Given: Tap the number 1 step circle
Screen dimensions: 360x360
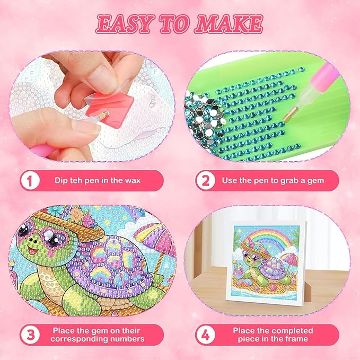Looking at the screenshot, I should coord(29,180).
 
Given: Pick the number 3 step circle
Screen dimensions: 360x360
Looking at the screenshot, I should coord(29,335).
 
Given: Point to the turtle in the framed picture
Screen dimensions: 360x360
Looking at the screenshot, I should coord(265,268).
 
